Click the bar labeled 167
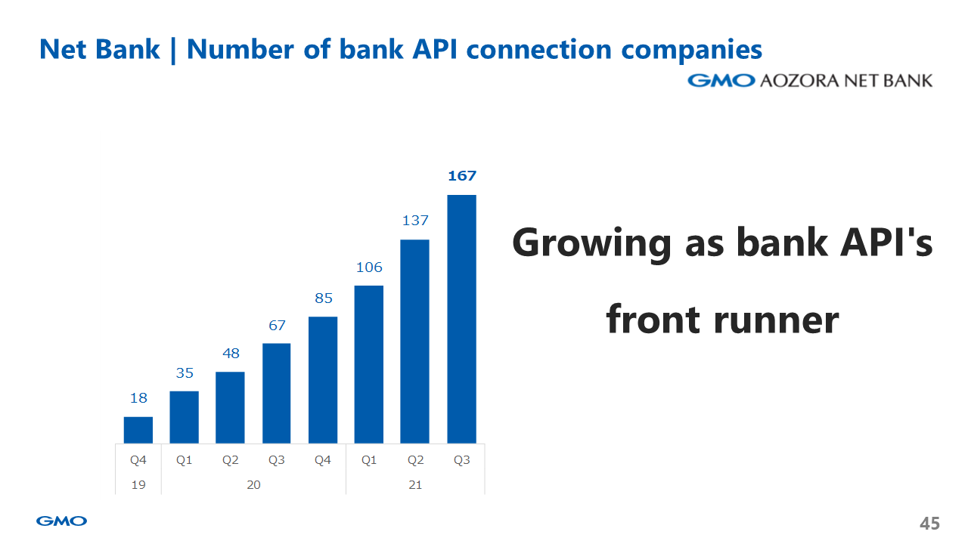[461, 319]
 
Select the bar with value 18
[138, 430]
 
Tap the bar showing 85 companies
[323, 380]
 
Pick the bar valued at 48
[231, 407]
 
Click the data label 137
[415, 221]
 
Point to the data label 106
[369, 267]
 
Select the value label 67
[277, 325]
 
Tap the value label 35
[185, 373]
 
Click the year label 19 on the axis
[138, 485]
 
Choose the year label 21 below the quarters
[415, 485]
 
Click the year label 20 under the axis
[253, 485]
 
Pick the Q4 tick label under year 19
[138, 460]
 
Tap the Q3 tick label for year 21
[461, 460]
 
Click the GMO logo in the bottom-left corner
[61, 521]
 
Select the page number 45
[929, 524]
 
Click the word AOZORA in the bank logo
[799, 81]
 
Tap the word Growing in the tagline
[591, 244]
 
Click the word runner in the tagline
[776, 321]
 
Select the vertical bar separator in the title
[173, 50]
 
